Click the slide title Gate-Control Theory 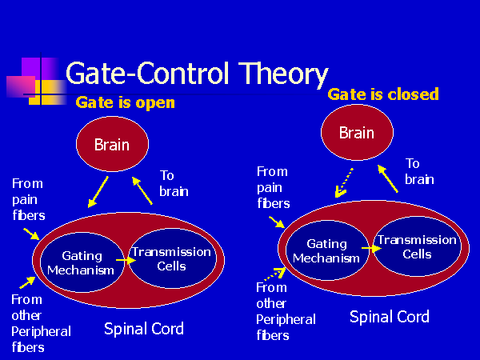197,74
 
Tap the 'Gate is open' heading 126,102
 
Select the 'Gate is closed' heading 383,94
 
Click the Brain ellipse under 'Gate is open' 112,144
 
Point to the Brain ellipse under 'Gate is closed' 357,132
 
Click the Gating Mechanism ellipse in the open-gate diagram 82,262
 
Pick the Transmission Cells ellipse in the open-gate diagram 172,258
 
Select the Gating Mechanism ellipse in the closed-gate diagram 327,250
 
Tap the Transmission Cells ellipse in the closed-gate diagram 418,246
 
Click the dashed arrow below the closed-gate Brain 344,182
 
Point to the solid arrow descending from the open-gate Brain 98,192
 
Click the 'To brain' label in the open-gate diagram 174,183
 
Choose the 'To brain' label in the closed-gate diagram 419,171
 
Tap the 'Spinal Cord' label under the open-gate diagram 144,329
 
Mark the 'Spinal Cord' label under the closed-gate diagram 390,317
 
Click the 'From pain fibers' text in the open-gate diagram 29,199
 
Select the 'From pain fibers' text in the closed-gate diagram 274,187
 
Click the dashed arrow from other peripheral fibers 274,274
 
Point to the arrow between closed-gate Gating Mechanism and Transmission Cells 372,248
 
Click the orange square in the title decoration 48,92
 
